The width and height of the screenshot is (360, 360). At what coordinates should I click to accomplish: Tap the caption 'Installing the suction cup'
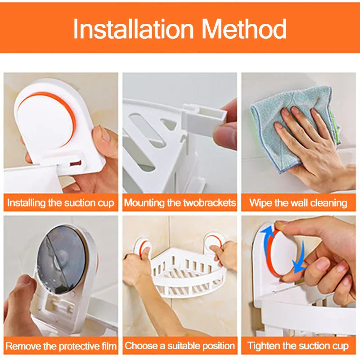(61, 202)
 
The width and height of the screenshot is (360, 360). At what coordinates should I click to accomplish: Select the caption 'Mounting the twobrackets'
(180, 202)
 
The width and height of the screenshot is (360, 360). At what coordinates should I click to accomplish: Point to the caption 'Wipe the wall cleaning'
(298, 202)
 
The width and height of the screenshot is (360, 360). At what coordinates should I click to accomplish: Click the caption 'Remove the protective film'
(61, 346)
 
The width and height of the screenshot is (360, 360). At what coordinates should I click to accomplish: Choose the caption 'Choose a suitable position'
(180, 346)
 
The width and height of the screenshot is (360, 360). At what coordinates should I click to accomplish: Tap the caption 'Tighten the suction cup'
(298, 346)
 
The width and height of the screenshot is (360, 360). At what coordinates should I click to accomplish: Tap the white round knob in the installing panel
(45, 119)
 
